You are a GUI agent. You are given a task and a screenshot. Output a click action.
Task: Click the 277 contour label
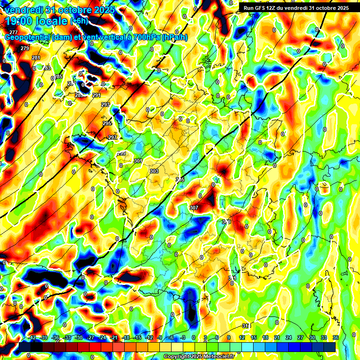pyautogui.click(x=14, y=32)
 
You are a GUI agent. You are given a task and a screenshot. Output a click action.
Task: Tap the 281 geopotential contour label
pyautogui.click(x=36, y=58)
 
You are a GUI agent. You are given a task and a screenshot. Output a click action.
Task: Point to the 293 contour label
pyautogui.click(x=105, y=104)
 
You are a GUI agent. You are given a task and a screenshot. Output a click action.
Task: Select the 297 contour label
pyautogui.click(x=112, y=137)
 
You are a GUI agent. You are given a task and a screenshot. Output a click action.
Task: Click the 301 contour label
pyautogui.click(x=138, y=161)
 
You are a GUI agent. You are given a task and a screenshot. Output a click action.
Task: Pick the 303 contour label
pyautogui.click(x=154, y=171)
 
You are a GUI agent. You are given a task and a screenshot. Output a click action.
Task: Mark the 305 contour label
pyautogui.click(x=180, y=180)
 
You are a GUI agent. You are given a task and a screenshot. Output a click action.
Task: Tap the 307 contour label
pyautogui.click(x=194, y=207)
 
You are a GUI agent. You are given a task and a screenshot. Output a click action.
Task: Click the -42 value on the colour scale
pyautogui.click(x=32, y=337)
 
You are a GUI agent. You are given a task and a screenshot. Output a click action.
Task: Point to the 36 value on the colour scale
pyautogui.click(x=336, y=337)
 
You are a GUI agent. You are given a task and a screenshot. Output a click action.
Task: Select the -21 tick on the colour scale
pyautogui.click(x=114, y=337)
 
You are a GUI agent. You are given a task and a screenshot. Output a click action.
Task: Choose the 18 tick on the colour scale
pyautogui.click(x=265, y=337)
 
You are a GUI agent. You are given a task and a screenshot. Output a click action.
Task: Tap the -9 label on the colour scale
pyautogui.click(x=160, y=337)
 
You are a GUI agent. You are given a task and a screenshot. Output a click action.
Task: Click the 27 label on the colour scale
pyautogui.click(x=300, y=337)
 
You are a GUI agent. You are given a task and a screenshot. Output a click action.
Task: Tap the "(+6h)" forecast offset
pyautogui.click(x=79, y=21)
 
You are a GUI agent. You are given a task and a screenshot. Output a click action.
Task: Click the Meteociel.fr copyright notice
pyautogui.click(x=199, y=356)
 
